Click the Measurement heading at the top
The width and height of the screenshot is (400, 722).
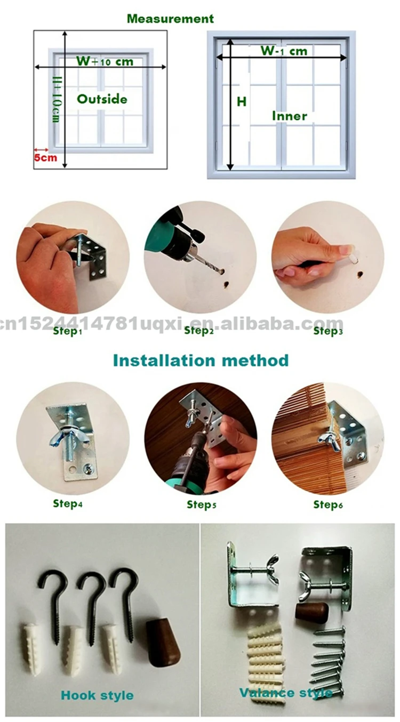[170, 19]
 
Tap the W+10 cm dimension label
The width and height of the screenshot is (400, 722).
[105, 61]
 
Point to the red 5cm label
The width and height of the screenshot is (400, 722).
[45, 158]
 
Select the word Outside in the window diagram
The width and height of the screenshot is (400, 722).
[102, 99]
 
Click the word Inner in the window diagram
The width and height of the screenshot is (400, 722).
[290, 116]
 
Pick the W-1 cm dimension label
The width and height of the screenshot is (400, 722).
[284, 51]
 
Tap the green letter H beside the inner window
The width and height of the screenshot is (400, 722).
[242, 102]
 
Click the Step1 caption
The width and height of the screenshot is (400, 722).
[67, 331]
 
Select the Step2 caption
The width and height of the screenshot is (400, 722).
[199, 331]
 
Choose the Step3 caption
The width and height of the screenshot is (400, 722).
[328, 331]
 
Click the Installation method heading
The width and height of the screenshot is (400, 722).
[201, 360]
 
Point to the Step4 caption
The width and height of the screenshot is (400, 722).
[67, 503]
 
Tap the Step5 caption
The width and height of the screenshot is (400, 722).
[202, 504]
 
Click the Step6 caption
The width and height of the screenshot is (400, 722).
[328, 504]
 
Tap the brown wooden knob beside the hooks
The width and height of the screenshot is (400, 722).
[163, 638]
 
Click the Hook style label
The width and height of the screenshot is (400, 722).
[97, 695]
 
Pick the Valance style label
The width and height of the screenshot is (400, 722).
[285, 693]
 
